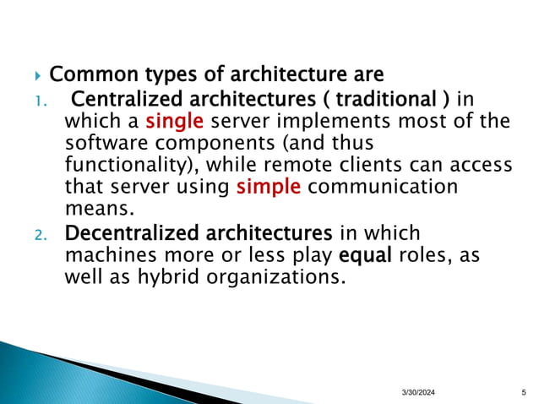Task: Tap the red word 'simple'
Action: pyautogui.click(x=269, y=185)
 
